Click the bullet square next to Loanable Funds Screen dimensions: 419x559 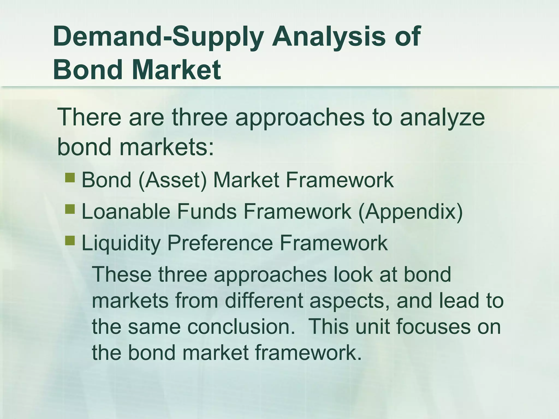click(x=70, y=209)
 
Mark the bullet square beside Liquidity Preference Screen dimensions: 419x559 click(x=70, y=241)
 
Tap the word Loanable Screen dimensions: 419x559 click(x=126, y=211)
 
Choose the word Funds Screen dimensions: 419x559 click(x=207, y=211)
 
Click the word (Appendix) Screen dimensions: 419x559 click(x=410, y=212)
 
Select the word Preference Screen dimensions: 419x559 click(x=220, y=243)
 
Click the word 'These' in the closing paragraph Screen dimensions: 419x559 click(x=122, y=274)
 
